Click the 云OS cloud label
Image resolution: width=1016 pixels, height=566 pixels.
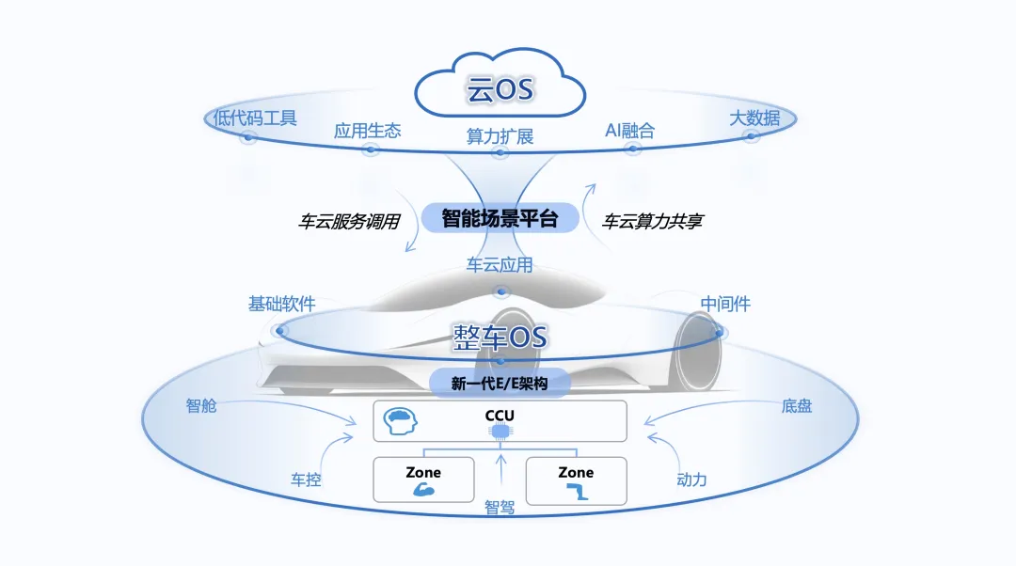coord(500,90)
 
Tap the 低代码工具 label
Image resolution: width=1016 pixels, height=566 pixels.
coord(255,118)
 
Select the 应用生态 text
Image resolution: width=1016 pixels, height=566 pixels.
coord(367,131)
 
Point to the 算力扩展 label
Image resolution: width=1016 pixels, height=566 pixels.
coord(500,136)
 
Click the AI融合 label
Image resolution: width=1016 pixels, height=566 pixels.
coord(629,131)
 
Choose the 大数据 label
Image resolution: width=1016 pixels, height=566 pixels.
coord(754,118)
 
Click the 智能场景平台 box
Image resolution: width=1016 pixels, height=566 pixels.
coord(500,219)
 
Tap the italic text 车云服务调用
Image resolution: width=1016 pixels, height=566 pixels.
coord(349,223)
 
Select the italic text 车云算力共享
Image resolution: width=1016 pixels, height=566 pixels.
coord(652,223)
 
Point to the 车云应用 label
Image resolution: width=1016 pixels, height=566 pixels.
coord(500,265)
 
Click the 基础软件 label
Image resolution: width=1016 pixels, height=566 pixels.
coord(281,304)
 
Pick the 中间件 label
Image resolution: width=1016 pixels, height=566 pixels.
coord(725,304)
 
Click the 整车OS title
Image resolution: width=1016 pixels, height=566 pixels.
coord(500,337)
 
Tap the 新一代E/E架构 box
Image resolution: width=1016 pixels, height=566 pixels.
coord(500,383)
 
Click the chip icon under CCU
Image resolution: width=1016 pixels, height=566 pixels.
coord(500,432)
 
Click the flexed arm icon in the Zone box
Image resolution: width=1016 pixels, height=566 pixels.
coord(423,490)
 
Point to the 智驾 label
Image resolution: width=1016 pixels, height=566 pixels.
coord(500,508)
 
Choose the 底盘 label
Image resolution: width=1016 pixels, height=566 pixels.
coord(796,406)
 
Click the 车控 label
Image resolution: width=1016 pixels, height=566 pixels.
coord(306,480)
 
